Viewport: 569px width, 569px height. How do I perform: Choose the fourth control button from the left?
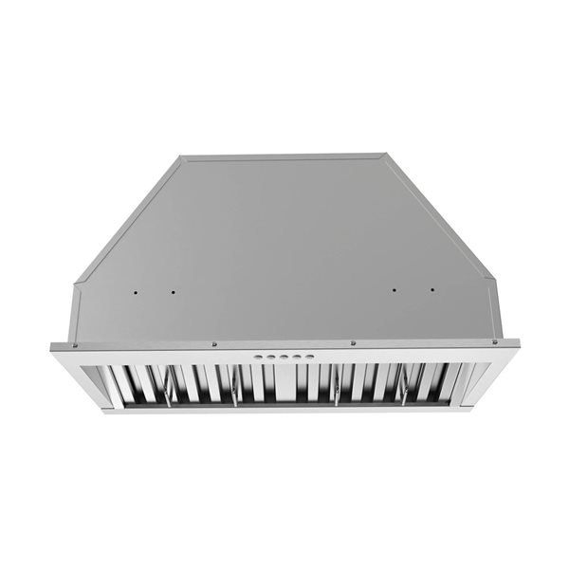(x=293, y=357)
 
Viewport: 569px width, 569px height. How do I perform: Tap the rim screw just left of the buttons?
(x=214, y=344)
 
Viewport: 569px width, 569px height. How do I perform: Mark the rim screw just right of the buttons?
(x=353, y=343)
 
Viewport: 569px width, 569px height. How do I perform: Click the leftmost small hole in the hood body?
(x=137, y=291)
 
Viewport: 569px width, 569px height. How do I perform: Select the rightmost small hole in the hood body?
(x=431, y=290)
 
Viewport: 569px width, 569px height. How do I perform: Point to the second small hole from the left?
(x=174, y=291)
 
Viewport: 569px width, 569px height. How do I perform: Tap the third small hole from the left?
(x=394, y=290)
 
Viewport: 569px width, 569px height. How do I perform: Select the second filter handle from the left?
(x=233, y=391)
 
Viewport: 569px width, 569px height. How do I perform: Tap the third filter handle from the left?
(x=337, y=391)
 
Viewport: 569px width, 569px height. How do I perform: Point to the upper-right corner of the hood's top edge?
(x=386, y=155)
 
